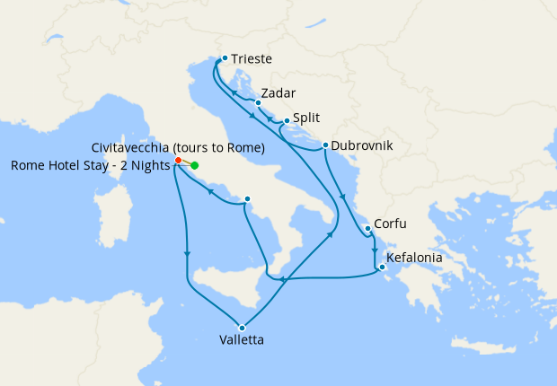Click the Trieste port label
click(251, 60)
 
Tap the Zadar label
click(278, 93)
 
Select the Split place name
click(306, 118)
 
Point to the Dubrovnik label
click(361, 145)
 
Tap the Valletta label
click(242, 340)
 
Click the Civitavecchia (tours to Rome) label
click(178, 147)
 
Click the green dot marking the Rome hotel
click(195, 165)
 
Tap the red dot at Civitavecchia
click(178, 161)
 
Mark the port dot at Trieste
click(225, 58)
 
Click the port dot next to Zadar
click(258, 103)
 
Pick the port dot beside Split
click(287, 121)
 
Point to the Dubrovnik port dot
click(324, 145)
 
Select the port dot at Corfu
click(368, 228)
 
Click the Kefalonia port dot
click(382, 267)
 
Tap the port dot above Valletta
click(242, 327)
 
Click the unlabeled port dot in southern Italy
click(247, 199)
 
